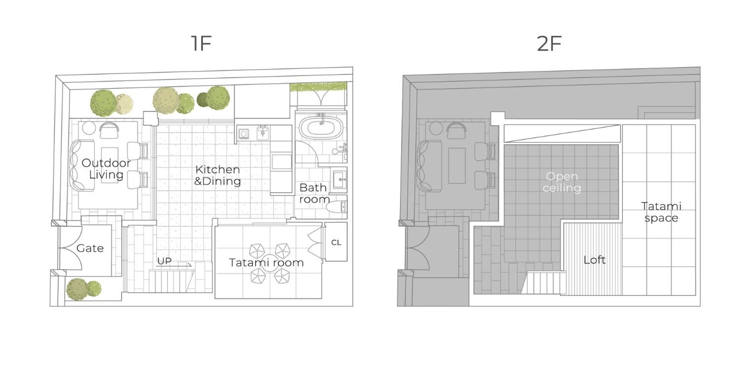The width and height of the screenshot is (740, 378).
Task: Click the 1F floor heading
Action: tap(201, 43)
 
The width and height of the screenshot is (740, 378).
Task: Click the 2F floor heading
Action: tap(549, 43)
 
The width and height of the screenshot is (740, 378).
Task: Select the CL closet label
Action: tap(336, 243)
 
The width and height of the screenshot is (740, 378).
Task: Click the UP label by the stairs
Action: tap(164, 261)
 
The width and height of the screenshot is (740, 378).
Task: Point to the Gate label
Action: tap(90, 248)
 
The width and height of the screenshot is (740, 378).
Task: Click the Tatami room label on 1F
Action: tap(266, 263)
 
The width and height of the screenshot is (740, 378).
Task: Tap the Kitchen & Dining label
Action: tap(217, 175)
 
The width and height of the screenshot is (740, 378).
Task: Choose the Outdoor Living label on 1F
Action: tap(106, 169)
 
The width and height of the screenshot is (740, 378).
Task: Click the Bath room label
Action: tap(314, 193)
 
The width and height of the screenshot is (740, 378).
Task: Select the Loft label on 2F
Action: tap(594, 260)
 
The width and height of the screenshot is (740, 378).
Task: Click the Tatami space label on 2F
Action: tap(661, 212)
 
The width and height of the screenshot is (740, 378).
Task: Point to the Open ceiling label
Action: tap(561, 182)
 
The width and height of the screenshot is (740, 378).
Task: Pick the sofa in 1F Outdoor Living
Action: tap(82, 165)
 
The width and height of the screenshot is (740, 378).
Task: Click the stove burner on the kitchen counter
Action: tap(244, 134)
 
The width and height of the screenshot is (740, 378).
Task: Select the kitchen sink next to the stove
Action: tap(263, 133)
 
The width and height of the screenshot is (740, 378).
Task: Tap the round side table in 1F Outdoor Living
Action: tap(89, 128)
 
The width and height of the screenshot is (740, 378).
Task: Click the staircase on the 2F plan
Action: tap(544, 283)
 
